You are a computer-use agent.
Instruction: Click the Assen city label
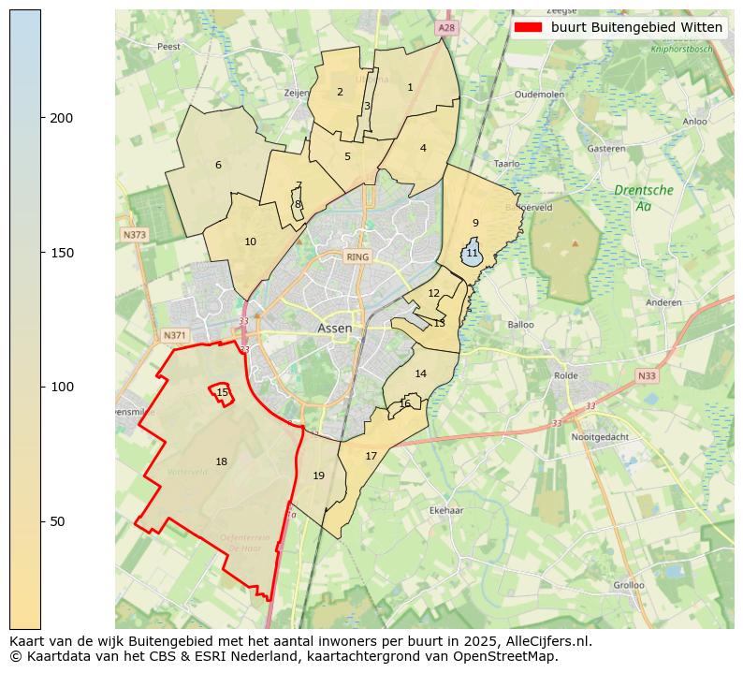[334, 329]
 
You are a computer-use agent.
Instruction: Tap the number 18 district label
[221, 461]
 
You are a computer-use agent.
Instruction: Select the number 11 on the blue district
[472, 254]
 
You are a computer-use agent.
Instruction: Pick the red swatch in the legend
[528, 27]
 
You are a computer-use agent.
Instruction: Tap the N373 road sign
[134, 235]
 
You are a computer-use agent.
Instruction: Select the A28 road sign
[446, 29]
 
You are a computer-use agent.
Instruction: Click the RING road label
[357, 256]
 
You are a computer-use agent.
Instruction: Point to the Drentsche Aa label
[643, 198]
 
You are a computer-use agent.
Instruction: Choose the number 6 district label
[218, 166]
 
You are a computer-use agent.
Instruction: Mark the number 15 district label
[222, 392]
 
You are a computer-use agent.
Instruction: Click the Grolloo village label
[628, 585]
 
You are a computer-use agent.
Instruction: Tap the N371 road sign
[175, 335]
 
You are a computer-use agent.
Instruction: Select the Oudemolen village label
[539, 95]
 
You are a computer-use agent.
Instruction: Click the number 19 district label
[318, 476]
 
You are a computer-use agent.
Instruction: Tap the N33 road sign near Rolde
[646, 376]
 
